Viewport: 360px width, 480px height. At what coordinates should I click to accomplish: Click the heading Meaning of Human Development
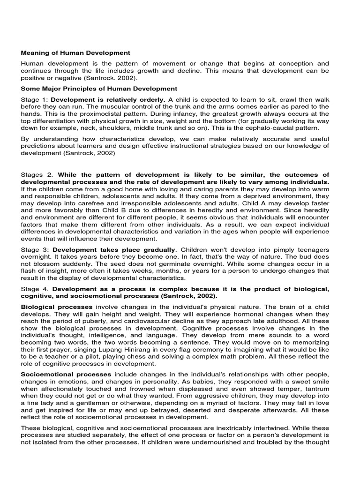(x=75, y=53)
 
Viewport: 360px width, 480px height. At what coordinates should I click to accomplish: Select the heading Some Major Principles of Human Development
(x=99, y=89)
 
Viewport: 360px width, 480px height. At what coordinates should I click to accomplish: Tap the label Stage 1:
(x=34, y=99)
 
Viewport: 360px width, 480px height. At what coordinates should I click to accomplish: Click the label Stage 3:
(x=35, y=250)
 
